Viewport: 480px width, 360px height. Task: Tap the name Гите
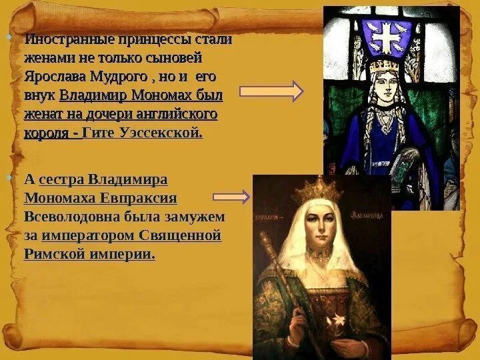click(101, 133)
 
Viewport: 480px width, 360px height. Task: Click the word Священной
click(181, 235)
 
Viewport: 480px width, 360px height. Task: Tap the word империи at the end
click(126, 254)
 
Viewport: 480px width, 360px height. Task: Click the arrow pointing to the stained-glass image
click(271, 92)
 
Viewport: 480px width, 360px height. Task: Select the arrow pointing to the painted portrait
click(231, 197)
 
